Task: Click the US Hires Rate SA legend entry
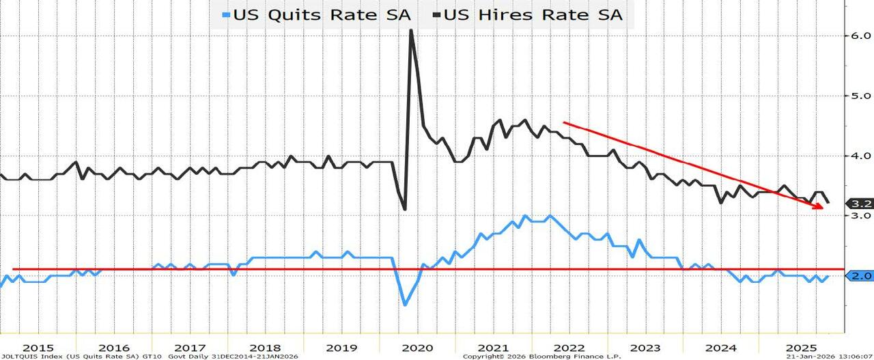[x=533, y=14]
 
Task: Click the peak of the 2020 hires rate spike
[x=411, y=30]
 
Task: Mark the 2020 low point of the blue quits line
[x=404, y=304]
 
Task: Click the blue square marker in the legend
[x=227, y=14]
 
